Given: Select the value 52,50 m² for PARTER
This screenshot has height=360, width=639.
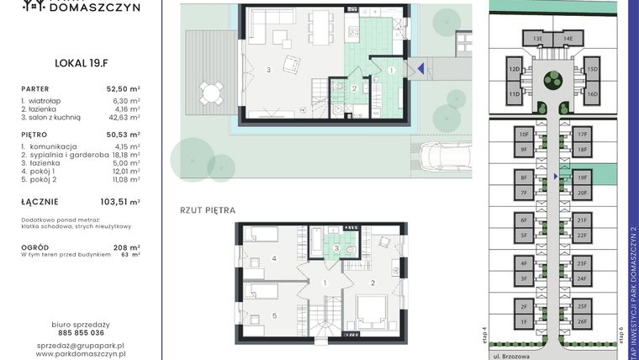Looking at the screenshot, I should tap(122, 88).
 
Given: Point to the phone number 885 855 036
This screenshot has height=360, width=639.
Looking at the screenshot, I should tap(81, 332).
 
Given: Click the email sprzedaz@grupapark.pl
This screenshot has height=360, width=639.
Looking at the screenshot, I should tap(81, 345).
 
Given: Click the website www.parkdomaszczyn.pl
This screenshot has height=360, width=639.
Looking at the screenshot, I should tap(81, 354).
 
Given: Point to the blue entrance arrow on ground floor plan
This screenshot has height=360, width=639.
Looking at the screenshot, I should tap(420, 70).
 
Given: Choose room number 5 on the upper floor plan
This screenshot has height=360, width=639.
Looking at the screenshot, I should tap(275, 315).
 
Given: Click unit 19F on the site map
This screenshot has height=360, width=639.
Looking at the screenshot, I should tap(582, 178).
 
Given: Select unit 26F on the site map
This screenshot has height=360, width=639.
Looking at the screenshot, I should tap(582, 321).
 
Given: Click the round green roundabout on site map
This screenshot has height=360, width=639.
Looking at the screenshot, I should tap(552, 81).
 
